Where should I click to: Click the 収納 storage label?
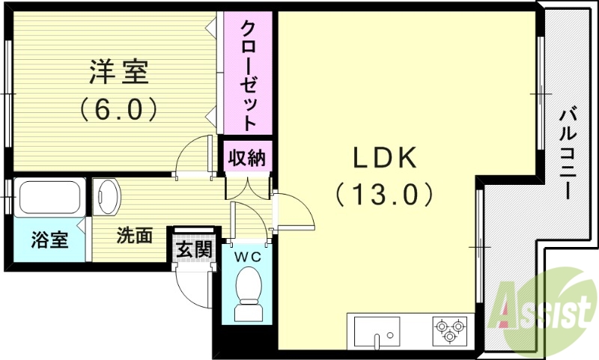click(x=246, y=159)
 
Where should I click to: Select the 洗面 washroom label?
click(x=134, y=236)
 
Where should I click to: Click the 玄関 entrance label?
click(x=192, y=248)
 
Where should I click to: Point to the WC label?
click(x=247, y=257)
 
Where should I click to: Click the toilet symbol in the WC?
click(x=247, y=296)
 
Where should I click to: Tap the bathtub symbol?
click(x=49, y=198)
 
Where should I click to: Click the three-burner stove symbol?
click(x=449, y=329)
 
